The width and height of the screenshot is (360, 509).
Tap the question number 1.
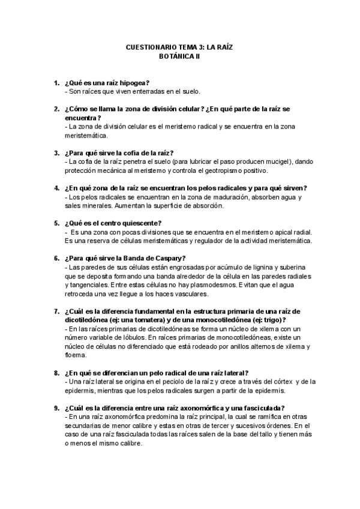point(56,82)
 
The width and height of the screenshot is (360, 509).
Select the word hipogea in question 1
point(133,82)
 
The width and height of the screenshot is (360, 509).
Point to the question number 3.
point(56,153)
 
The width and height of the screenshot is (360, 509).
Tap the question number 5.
point(56,223)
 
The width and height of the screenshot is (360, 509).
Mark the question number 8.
point(56,373)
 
